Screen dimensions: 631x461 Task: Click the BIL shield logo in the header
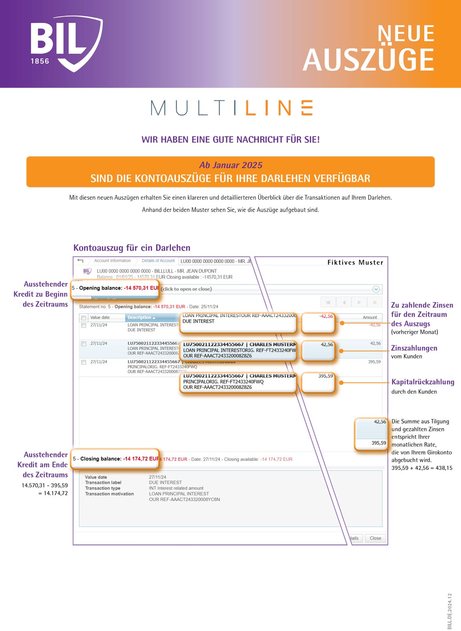[x=66, y=43]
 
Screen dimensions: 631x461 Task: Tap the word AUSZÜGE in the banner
[x=368, y=60]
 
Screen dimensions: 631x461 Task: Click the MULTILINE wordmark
[x=232, y=108]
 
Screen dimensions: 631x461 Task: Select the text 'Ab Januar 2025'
[x=230, y=165]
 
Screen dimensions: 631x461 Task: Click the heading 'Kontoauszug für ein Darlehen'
[x=132, y=248]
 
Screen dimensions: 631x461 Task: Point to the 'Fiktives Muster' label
[x=355, y=262]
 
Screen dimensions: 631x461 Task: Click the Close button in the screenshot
[x=375, y=538]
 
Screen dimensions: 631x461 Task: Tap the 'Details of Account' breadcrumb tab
[x=158, y=261]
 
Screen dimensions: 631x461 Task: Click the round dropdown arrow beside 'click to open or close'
[x=376, y=289]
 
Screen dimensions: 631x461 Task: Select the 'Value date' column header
[x=100, y=318]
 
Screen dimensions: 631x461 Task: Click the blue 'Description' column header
[x=141, y=318]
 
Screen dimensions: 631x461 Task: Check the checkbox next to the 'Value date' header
[x=83, y=318]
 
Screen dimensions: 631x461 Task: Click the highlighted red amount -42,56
[x=326, y=316]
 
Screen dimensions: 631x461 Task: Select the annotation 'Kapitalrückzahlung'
[x=423, y=382]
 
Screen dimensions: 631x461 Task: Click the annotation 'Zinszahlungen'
[x=414, y=348]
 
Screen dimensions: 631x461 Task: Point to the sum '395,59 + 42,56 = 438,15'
[x=422, y=468]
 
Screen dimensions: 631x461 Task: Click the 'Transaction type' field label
[x=103, y=488]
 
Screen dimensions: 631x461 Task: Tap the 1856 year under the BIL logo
[x=40, y=61]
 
